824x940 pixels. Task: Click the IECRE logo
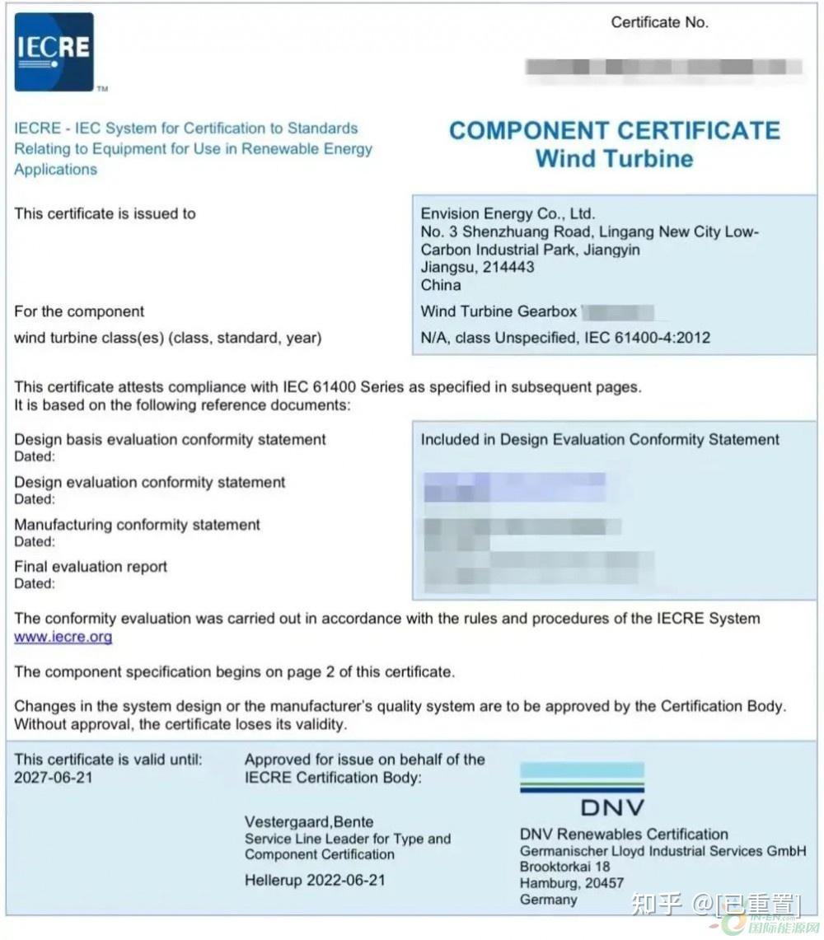click(x=54, y=51)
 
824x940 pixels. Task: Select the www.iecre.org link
click(x=63, y=637)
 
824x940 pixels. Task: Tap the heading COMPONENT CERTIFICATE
click(x=614, y=131)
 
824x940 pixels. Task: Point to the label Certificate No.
click(x=659, y=22)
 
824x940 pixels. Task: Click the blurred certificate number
click(x=663, y=67)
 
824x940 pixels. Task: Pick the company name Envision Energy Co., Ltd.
click(x=508, y=214)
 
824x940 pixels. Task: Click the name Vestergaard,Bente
click(x=309, y=821)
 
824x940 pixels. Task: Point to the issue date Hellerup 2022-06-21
click(x=315, y=880)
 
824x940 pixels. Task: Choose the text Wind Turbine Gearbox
click(x=499, y=311)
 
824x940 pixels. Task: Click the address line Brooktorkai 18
click(x=565, y=867)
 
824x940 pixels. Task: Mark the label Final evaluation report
click(x=91, y=567)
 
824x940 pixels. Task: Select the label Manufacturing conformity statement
click(x=137, y=525)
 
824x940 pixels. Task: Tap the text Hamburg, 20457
click(x=572, y=883)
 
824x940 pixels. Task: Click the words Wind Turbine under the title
click(x=614, y=158)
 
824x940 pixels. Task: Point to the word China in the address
click(x=441, y=285)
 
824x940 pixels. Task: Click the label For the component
click(x=79, y=311)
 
